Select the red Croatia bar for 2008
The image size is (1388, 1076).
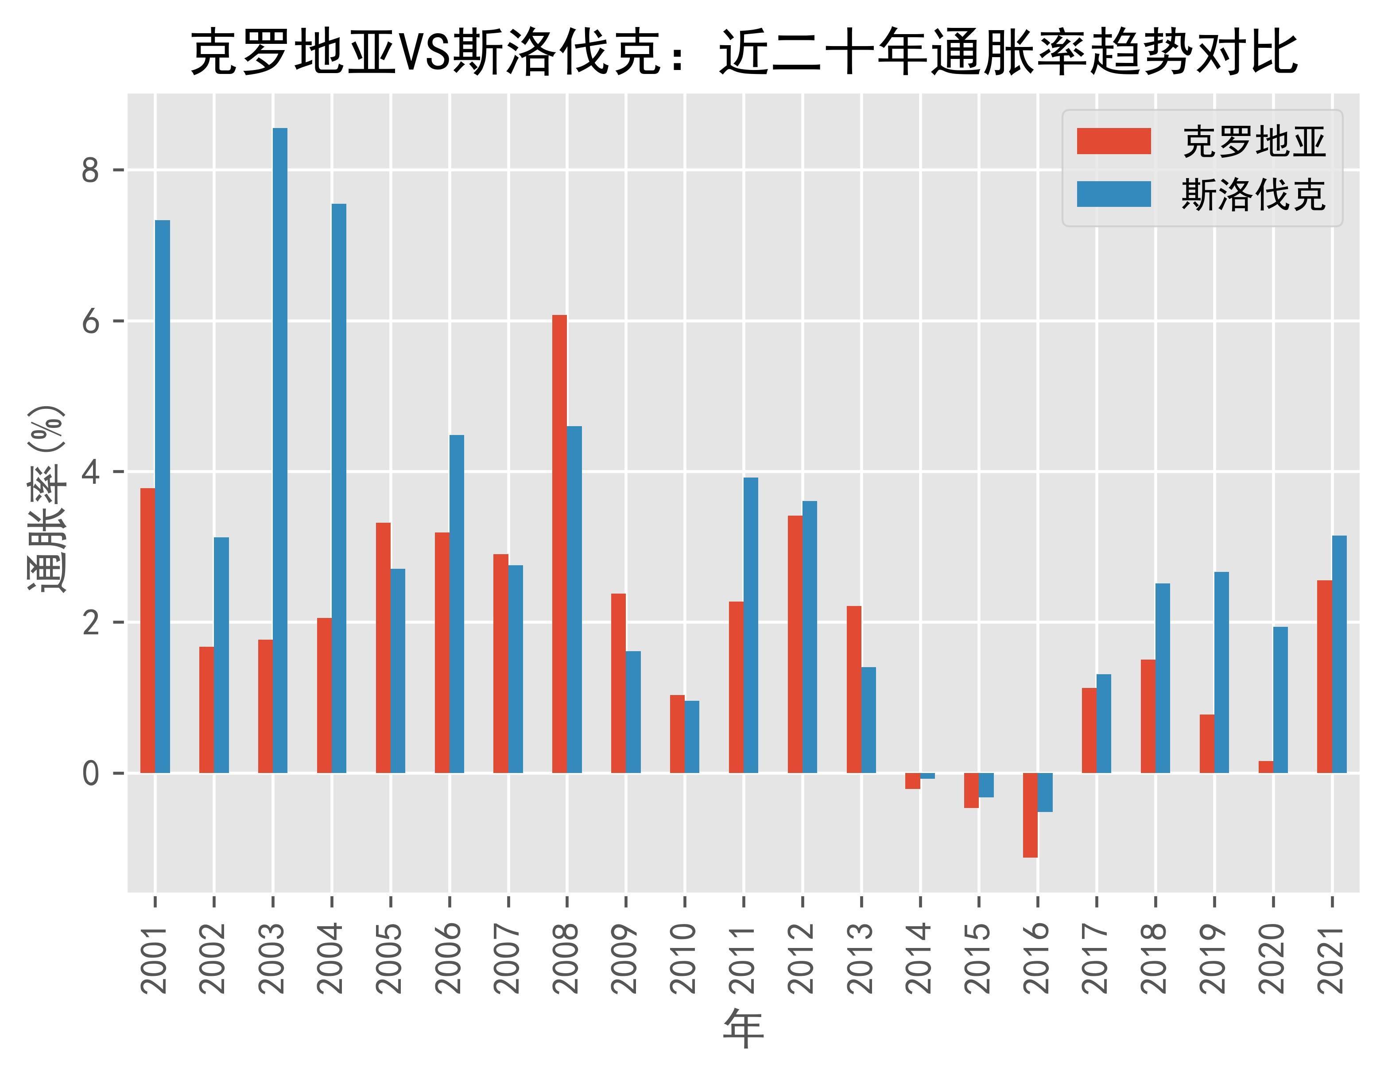tap(559, 544)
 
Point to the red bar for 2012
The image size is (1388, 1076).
tap(795, 645)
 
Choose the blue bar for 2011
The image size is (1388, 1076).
tap(751, 625)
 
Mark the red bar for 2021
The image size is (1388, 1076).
tap(1325, 677)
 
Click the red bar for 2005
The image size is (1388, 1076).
tap(383, 648)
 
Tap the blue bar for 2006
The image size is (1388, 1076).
tap(456, 604)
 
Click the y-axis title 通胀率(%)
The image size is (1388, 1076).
tap(46, 499)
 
